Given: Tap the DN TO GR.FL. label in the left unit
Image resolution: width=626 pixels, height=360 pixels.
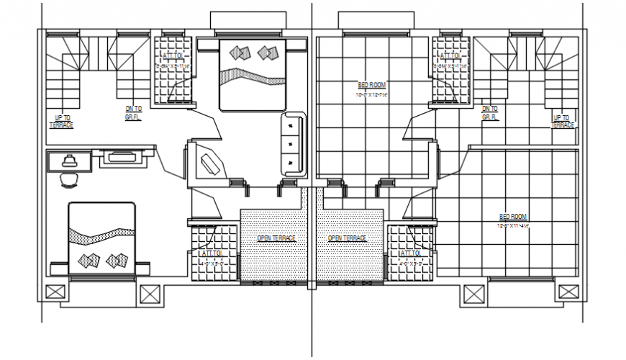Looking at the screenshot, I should pyautogui.click(x=132, y=113).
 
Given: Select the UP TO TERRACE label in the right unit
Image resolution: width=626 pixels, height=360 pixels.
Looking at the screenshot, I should pyautogui.click(x=562, y=120).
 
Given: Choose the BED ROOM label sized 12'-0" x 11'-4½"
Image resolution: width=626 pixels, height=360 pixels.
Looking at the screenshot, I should pyautogui.click(x=513, y=220).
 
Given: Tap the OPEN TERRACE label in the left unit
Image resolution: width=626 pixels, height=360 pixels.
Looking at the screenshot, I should pyautogui.click(x=276, y=238).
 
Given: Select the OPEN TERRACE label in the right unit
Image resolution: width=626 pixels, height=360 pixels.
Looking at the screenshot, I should pyautogui.click(x=347, y=238).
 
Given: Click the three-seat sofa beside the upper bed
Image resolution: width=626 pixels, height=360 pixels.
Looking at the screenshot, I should pyautogui.click(x=291, y=144).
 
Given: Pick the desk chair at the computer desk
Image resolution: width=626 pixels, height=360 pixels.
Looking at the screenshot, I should pyautogui.click(x=69, y=178).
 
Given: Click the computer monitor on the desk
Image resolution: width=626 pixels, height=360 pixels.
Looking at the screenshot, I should pyautogui.click(x=69, y=160).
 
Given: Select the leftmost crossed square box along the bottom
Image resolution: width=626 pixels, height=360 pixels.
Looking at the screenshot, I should pyautogui.click(x=54, y=294).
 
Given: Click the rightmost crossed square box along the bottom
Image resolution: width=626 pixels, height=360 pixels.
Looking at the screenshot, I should pyautogui.click(x=568, y=294).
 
